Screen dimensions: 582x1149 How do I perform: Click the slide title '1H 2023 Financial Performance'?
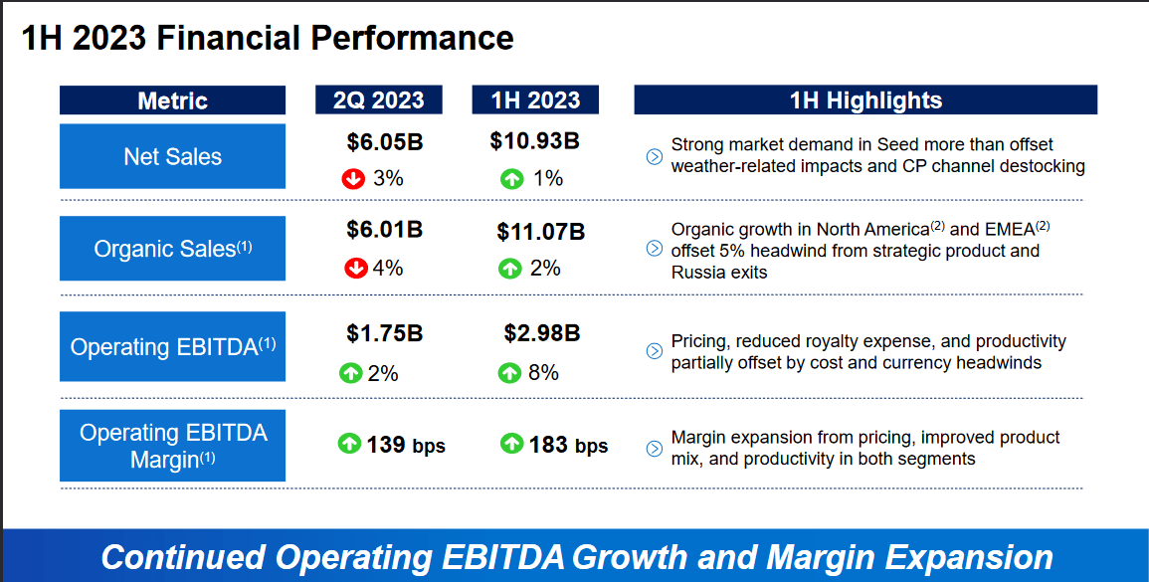tap(268, 38)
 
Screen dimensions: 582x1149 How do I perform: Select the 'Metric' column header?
tap(172, 100)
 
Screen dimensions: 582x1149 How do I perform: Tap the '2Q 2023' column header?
tap(378, 100)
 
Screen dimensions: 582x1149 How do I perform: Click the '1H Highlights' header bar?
tap(865, 100)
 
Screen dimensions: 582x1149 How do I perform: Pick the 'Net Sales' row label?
tap(172, 156)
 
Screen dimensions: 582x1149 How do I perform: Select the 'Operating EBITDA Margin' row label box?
tap(172, 446)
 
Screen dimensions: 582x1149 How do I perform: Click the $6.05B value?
tap(385, 142)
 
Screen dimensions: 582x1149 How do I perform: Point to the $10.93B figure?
tap(534, 141)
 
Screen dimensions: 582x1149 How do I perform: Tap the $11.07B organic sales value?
tap(541, 232)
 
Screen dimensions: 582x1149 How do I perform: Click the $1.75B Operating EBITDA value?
tap(385, 333)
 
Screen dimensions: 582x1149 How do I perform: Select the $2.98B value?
tap(542, 333)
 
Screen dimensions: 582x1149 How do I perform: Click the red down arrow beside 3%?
tap(352, 179)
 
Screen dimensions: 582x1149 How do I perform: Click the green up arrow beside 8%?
tap(509, 373)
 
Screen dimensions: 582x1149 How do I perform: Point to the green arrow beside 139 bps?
tap(349, 444)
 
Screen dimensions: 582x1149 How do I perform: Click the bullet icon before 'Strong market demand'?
tap(654, 156)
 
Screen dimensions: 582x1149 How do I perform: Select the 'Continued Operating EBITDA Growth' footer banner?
tap(576, 556)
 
